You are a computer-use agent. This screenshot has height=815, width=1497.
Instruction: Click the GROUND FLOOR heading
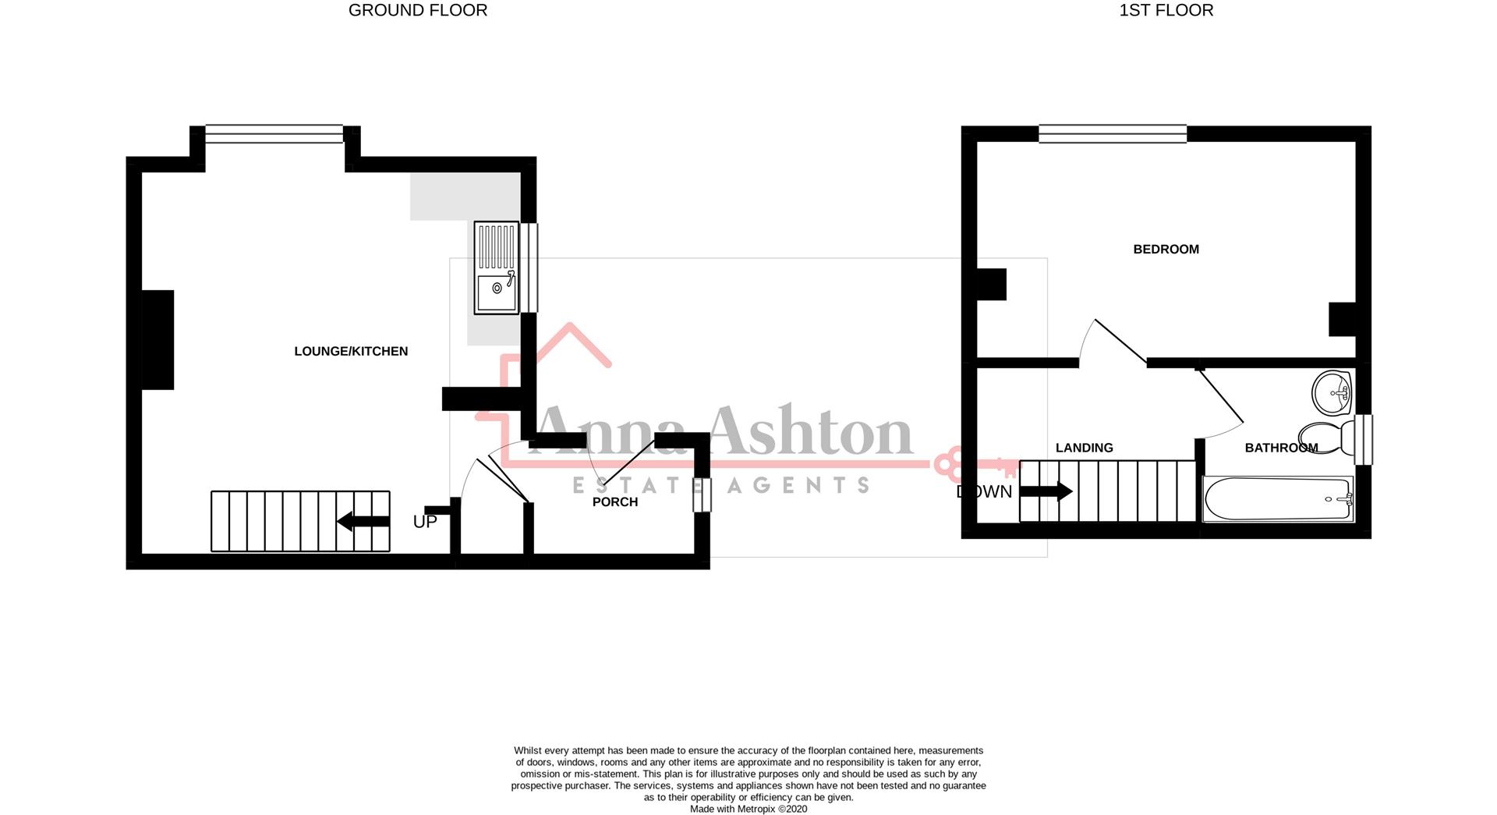[418, 10]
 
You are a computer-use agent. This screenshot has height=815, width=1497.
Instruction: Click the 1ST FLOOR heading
[1166, 10]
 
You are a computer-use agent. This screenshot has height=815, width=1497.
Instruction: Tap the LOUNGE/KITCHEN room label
[351, 352]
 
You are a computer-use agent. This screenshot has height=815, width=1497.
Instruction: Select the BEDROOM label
[1166, 250]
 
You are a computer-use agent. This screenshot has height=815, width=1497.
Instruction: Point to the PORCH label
[615, 502]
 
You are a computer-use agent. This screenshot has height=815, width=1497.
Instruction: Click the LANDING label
[1084, 448]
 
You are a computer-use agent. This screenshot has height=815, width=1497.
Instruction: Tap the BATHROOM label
[1281, 448]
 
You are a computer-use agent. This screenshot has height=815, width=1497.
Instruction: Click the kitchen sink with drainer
[497, 268]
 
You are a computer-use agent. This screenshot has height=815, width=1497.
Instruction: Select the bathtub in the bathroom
[1278, 499]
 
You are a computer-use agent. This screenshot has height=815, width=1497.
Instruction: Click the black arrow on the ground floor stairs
[363, 522]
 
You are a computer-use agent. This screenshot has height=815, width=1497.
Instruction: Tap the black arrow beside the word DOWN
[1046, 491]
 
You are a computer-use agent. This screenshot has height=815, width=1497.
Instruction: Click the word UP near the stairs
[425, 523]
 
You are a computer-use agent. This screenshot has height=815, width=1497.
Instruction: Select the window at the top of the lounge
[274, 134]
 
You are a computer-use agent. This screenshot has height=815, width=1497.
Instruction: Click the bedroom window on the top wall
[1113, 134]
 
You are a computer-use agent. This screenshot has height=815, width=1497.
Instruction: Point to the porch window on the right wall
[702, 495]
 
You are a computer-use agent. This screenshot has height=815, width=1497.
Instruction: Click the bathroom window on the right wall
[1364, 440]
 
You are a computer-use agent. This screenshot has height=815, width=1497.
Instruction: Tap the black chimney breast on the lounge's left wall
[157, 340]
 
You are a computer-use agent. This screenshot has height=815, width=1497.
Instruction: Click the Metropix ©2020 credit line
[748, 810]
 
